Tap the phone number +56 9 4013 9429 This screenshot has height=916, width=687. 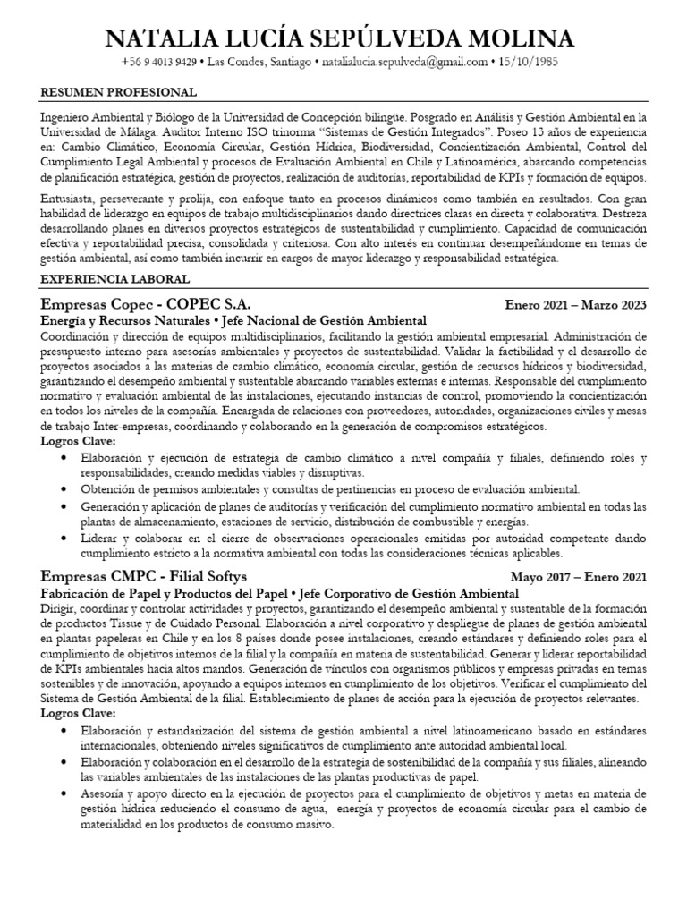(x=158, y=63)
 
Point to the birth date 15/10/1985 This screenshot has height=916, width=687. (x=531, y=63)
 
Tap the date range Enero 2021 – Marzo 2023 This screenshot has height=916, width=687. (x=575, y=305)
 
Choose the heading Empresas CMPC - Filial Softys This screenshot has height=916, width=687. (x=144, y=577)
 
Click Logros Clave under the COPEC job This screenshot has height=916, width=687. (x=79, y=441)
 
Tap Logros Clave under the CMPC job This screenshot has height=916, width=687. (x=79, y=713)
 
